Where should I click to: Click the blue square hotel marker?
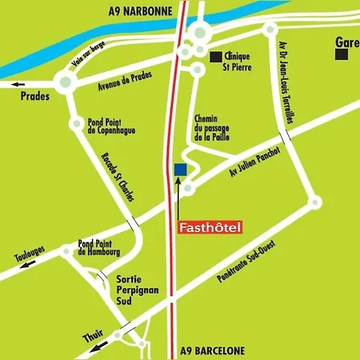180,169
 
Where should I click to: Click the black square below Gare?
342,54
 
